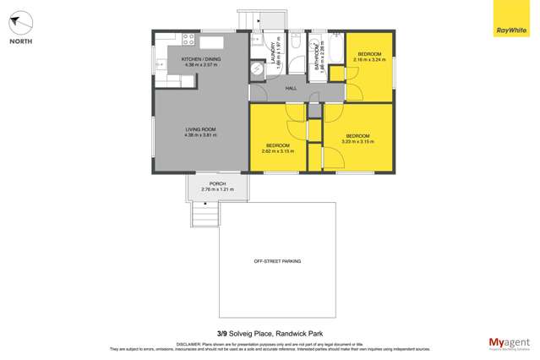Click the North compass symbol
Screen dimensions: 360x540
[x=21, y=23]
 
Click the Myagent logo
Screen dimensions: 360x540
[x=510, y=342]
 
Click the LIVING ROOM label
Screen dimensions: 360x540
[x=202, y=129]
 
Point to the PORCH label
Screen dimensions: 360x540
[x=217, y=183]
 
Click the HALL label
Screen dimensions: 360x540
[x=291, y=88]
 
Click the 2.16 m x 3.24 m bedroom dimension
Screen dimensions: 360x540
[x=369, y=60]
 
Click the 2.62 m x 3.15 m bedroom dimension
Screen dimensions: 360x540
[x=277, y=151]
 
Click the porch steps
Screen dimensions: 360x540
[x=205, y=215]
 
